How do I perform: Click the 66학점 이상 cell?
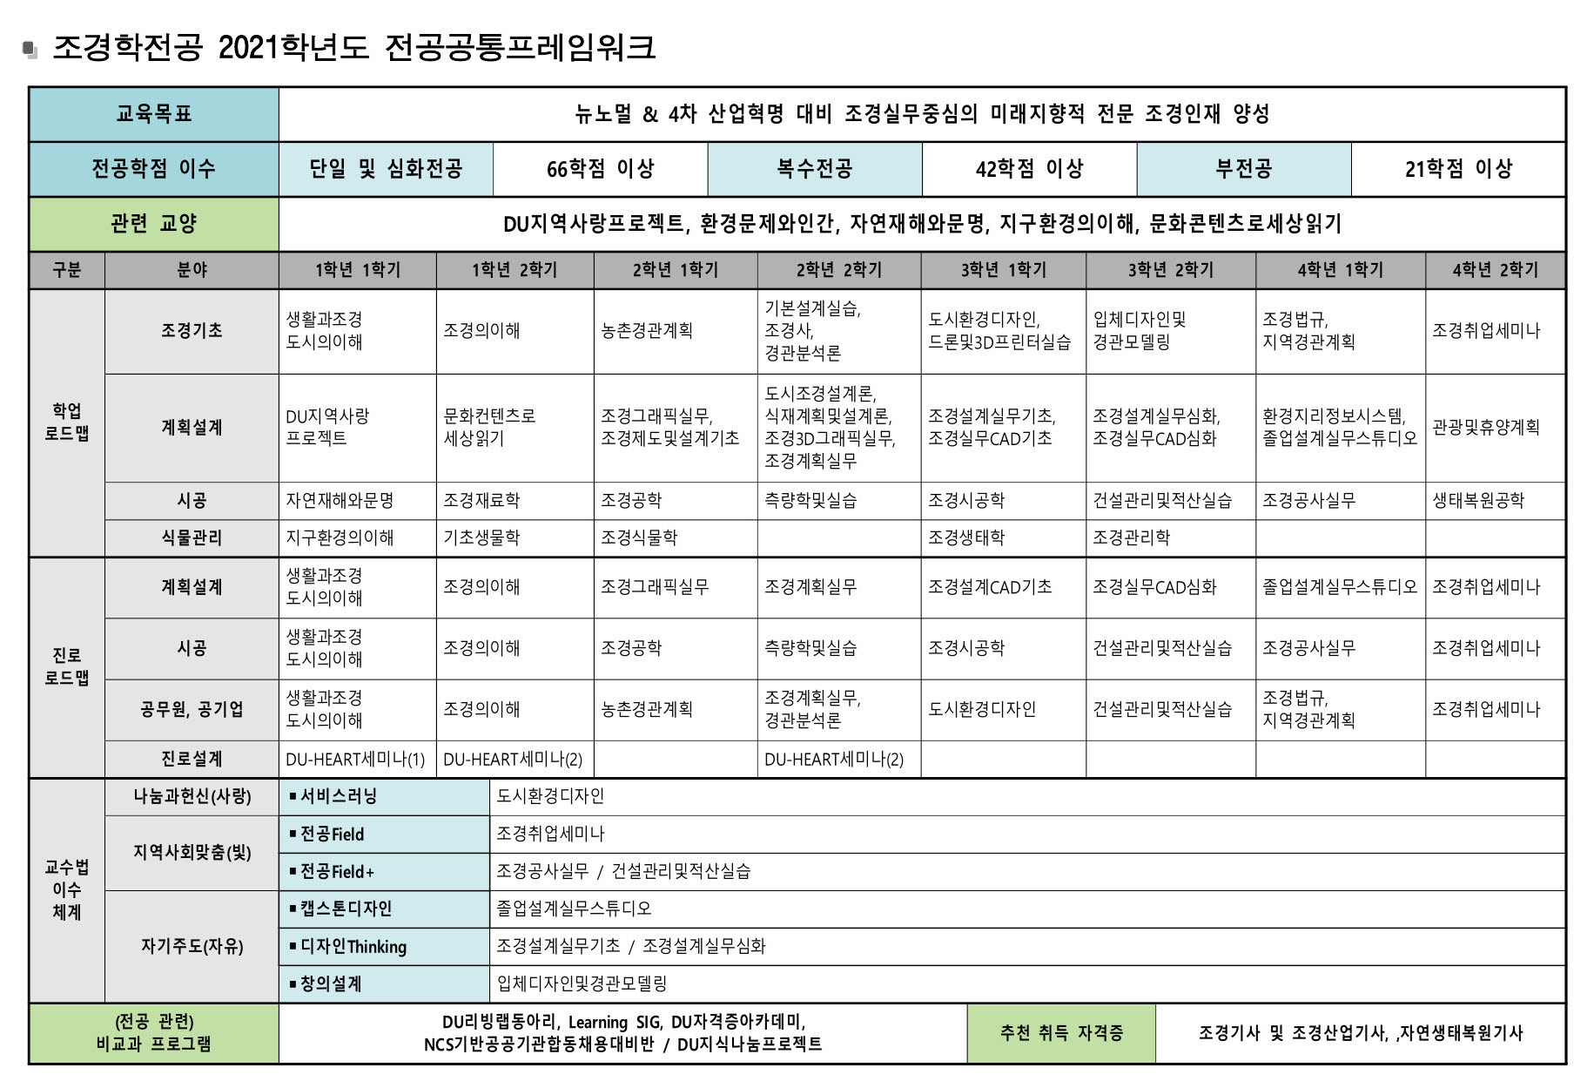(x=600, y=169)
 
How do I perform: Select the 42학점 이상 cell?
(x=1029, y=169)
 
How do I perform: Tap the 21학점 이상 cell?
(x=1458, y=169)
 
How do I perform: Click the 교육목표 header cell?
(x=154, y=114)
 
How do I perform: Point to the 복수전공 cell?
(x=814, y=169)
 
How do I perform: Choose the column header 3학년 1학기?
(x=1003, y=270)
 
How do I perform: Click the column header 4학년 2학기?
(x=1495, y=270)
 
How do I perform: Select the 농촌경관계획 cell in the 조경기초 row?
(x=647, y=331)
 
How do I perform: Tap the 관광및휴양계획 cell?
(x=1485, y=427)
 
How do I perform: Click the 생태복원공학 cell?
(x=1478, y=501)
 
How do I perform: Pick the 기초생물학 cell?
(x=481, y=538)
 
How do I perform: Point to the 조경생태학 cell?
(x=966, y=538)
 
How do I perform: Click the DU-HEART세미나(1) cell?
(x=355, y=760)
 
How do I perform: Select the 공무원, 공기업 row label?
(x=192, y=710)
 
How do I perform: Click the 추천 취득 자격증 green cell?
(x=1060, y=1033)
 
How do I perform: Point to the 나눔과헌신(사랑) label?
(x=192, y=796)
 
